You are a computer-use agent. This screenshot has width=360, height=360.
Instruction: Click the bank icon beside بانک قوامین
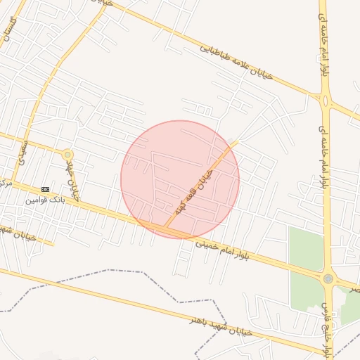(x=46, y=189)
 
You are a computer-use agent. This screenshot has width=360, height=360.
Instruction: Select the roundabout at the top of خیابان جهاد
(x=67, y=154)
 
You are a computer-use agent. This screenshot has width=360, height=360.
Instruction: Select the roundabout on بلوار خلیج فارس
(x=328, y=279)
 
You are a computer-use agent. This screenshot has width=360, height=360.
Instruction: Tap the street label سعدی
(x=21, y=150)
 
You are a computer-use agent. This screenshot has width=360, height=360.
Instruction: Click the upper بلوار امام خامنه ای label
(x=325, y=44)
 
